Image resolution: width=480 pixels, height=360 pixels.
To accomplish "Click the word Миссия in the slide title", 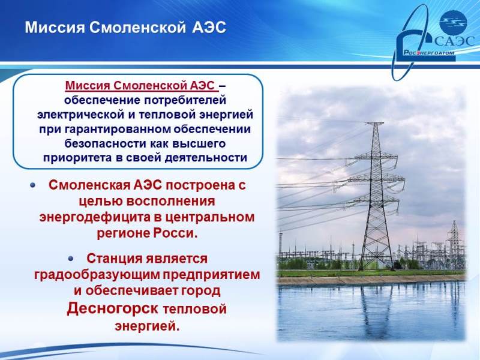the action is [55, 27].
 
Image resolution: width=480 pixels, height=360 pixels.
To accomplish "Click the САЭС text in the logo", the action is [455, 41].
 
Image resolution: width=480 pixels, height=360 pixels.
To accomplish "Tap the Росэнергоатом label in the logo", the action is [429, 53].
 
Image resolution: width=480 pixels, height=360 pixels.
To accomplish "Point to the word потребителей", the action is [185, 100].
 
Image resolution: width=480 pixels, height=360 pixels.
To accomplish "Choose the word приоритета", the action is [77, 158].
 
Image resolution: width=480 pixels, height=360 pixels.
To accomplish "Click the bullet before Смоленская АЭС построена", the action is [33, 185].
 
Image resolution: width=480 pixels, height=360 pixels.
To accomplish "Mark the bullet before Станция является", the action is [71, 259].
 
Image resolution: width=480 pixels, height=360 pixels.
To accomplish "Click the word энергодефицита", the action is [95, 217].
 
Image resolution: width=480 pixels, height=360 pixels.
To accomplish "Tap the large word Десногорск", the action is [113, 308].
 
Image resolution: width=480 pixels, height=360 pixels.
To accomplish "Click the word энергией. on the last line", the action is [147, 325].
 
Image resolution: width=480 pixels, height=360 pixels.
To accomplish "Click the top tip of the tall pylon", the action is [374, 123].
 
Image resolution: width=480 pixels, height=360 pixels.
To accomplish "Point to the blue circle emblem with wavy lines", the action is [453, 22].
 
